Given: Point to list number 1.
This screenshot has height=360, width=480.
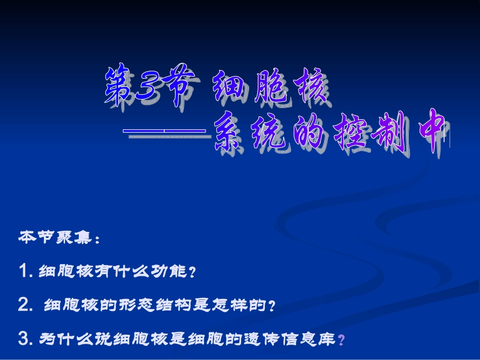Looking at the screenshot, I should (25, 272).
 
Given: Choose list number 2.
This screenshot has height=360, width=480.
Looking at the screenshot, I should (25, 305).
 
